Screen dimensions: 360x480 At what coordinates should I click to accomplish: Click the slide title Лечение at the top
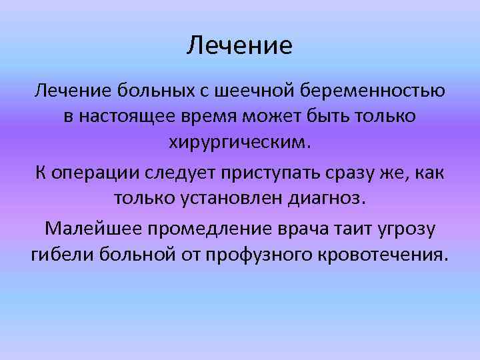click(x=240, y=46)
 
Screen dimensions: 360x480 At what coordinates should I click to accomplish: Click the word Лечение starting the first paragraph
click(x=75, y=89)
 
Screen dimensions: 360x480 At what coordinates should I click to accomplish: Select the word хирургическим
click(x=239, y=145)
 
